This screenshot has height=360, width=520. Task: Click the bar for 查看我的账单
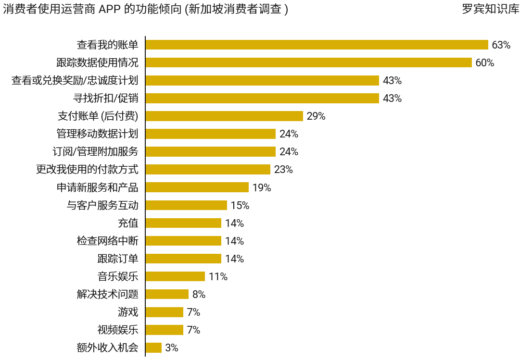point(317,45)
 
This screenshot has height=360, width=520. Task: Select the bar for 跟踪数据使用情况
point(308,62)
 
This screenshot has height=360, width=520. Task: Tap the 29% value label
point(316,116)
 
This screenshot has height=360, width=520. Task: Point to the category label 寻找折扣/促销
point(105,98)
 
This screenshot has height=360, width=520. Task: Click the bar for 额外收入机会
point(153,348)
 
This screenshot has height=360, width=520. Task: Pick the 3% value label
point(172,348)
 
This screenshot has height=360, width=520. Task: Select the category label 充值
point(128,223)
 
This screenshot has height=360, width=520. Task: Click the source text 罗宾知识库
point(490,9)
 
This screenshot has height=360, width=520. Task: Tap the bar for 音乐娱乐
point(175,276)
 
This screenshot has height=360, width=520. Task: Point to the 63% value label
point(501,45)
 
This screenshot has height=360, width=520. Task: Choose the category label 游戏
point(128,312)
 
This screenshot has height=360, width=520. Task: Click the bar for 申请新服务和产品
point(197,187)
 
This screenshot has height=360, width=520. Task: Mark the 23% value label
point(283,170)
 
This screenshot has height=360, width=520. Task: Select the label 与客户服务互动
point(102,205)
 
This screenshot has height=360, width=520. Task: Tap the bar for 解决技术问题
point(167,294)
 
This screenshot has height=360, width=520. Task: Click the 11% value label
point(218,277)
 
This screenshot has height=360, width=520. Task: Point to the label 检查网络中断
point(108,241)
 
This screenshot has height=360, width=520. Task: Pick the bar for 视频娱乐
point(164,330)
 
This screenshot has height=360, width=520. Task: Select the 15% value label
point(240,206)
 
